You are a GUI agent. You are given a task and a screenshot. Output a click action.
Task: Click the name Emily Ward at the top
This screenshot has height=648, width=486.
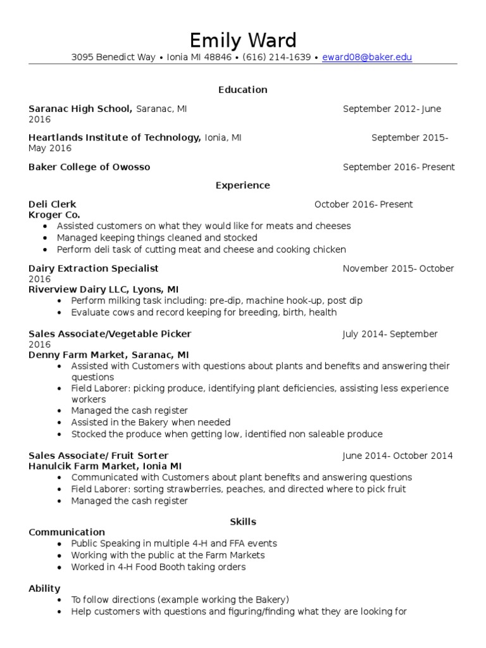click(243, 40)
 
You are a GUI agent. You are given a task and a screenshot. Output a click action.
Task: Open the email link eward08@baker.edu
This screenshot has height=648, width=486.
click(367, 58)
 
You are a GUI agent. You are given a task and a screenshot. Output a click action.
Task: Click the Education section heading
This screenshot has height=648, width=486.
click(243, 90)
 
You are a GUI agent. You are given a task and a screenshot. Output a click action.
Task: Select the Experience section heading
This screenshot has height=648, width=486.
click(243, 185)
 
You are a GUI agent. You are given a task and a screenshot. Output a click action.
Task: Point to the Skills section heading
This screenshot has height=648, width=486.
click(243, 522)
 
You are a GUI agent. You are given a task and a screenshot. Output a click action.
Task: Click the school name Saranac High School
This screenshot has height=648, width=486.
click(80, 109)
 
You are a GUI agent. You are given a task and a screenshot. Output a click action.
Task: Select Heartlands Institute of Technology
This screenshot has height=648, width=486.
click(115, 137)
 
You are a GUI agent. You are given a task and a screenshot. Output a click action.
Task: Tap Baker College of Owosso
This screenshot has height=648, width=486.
click(89, 167)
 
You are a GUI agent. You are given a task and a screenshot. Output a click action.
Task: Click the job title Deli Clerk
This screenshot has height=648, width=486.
click(53, 204)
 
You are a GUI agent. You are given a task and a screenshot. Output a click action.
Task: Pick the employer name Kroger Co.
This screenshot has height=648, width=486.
click(54, 215)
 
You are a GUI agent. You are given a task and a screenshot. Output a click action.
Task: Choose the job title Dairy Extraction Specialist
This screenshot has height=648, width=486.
click(94, 268)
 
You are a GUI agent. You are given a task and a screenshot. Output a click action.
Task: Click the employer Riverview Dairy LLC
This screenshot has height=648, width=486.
click(81, 290)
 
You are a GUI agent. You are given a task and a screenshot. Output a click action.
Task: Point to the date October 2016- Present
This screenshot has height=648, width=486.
click(363, 204)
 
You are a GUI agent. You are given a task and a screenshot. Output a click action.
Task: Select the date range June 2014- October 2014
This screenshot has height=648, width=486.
click(397, 456)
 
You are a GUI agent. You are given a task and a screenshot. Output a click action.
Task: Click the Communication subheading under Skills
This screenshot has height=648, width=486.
click(67, 532)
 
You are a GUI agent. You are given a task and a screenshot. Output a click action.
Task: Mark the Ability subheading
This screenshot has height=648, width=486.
click(44, 589)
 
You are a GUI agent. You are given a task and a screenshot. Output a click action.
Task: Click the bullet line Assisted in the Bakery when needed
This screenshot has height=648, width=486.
click(151, 422)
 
